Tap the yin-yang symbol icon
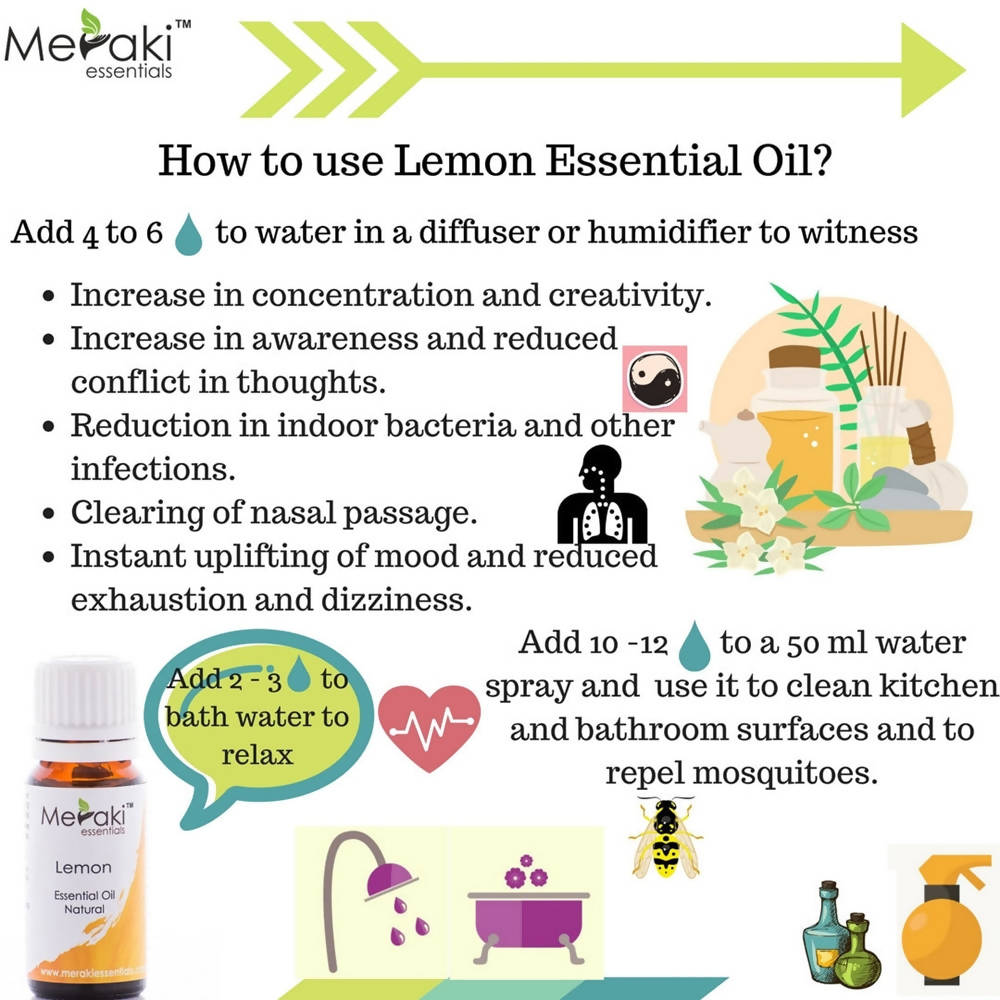[x=654, y=381]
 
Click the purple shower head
[x=384, y=881]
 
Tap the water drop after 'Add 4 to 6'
[x=188, y=235]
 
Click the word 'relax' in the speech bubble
[x=257, y=753]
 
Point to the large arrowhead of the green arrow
[x=930, y=70]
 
